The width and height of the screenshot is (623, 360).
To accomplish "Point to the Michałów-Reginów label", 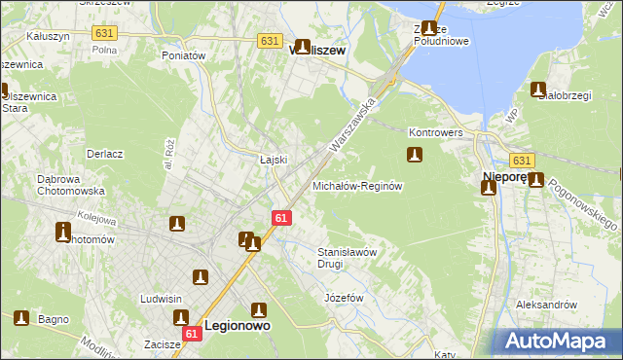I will [356, 185].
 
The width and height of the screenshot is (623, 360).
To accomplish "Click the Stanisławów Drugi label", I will [347, 257].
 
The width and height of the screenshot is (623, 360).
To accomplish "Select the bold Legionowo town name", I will [237, 327].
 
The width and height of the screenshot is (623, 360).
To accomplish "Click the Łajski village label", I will [272, 160].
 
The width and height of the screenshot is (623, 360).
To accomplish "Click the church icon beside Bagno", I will [22, 317].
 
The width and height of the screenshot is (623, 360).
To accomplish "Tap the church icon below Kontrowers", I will [414, 155].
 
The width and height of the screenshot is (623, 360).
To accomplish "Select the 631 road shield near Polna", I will [103, 32].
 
